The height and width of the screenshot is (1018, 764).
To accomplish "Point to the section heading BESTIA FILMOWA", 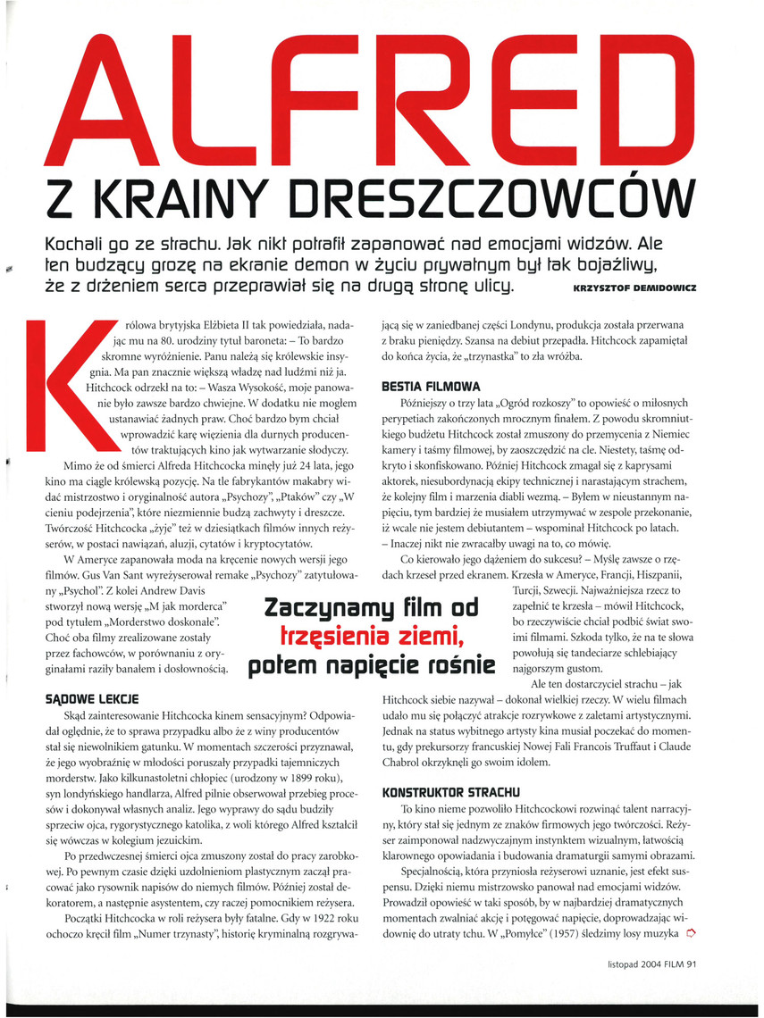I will pyautogui.click(x=431, y=388).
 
